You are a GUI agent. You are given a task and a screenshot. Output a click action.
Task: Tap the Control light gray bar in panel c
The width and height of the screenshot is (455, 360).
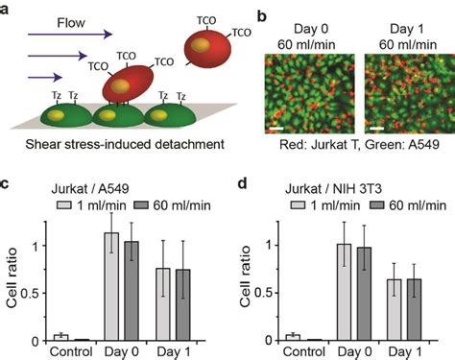tap(60, 337)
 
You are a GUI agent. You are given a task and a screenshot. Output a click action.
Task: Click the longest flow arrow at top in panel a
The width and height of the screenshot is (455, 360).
tap(61, 37)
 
